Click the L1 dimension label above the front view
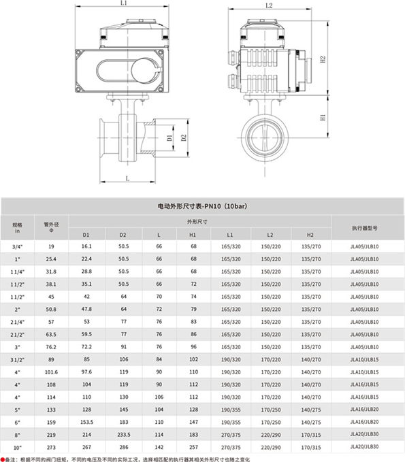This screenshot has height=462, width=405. point(123,3)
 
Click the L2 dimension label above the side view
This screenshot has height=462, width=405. point(269,5)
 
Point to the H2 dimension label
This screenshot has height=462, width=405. point(323,59)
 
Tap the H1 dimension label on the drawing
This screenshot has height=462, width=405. point(323,117)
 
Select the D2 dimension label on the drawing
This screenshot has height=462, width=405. point(184,137)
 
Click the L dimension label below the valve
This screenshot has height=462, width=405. point(127,178)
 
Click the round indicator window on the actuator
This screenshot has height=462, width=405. point(144,70)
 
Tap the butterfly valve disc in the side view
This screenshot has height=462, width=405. point(264,137)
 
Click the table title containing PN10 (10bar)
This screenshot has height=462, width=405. point(202,206)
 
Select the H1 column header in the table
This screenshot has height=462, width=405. point(193,235)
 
